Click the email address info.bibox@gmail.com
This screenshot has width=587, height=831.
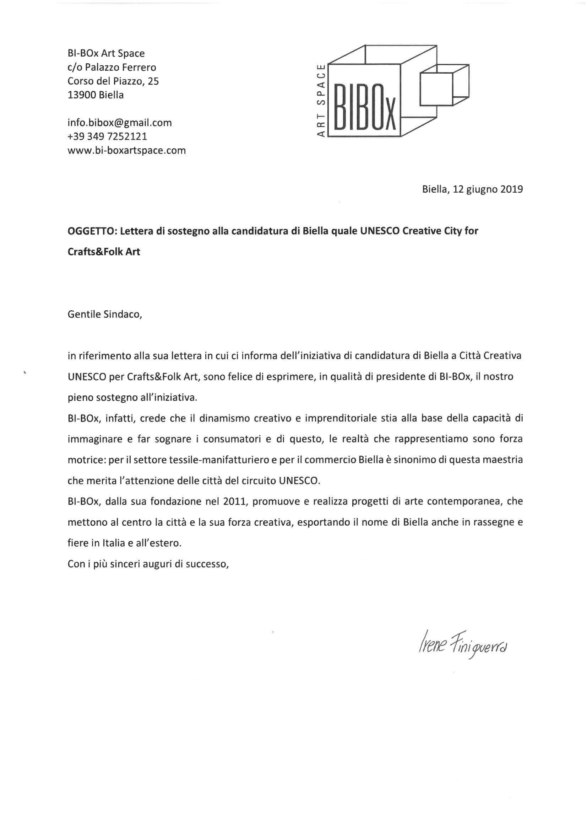coord(119,123)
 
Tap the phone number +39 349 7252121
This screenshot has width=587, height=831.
coord(107,137)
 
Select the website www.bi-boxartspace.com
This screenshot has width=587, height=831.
coord(126,151)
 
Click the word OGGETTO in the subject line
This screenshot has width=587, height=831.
coord(92,231)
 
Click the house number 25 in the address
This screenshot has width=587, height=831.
coord(153,81)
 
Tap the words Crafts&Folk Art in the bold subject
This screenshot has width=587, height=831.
coord(104,252)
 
